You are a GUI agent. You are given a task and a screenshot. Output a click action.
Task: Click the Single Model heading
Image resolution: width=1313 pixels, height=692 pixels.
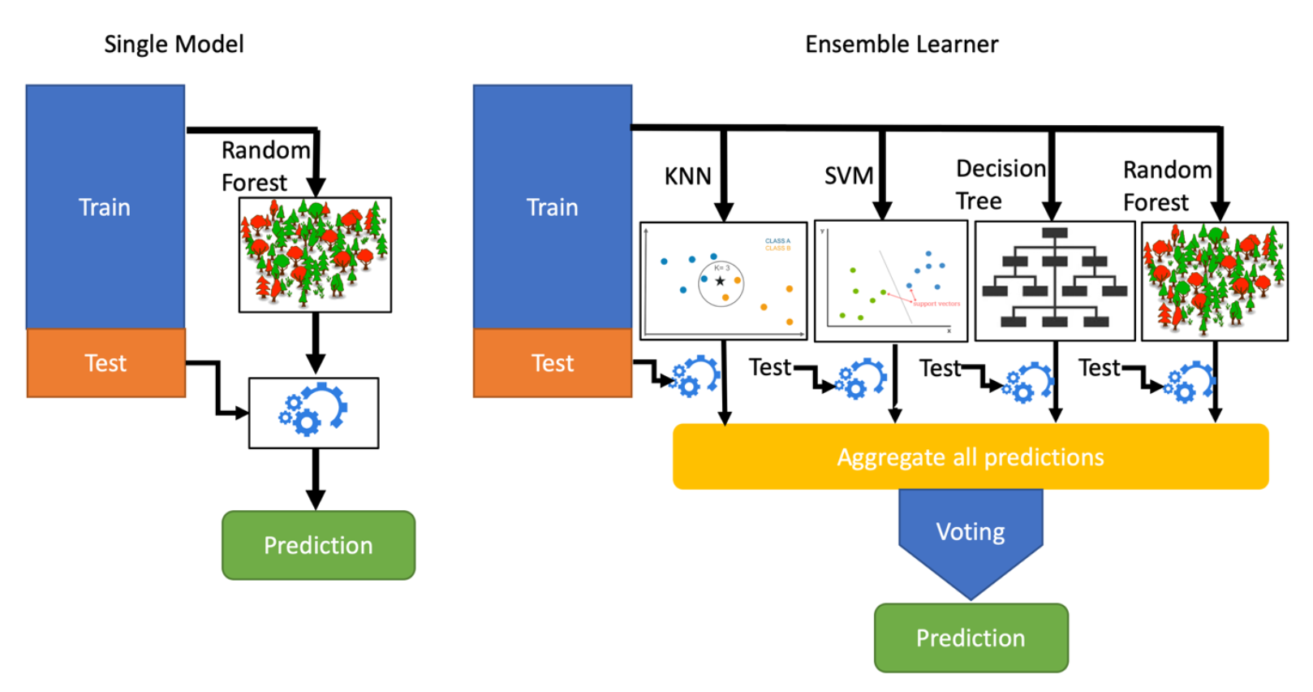[x=174, y=44]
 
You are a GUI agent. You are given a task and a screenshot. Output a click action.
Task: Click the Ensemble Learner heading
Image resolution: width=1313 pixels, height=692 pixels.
[x=902, y=44]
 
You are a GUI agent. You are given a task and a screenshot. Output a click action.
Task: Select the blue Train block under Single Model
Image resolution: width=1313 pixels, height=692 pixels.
[x=105, y=207]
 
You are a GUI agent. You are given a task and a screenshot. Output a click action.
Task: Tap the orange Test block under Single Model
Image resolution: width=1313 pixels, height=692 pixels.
[x=105, y=363]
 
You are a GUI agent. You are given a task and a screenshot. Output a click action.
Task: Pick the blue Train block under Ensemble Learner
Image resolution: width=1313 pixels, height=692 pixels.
[x=552, y=207]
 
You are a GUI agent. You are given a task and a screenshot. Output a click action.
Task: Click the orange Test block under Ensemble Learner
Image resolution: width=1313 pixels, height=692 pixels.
[x=552, y=363]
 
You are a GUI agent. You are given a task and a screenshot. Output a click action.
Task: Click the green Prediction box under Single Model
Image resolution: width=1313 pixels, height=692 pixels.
[x=318, y=545]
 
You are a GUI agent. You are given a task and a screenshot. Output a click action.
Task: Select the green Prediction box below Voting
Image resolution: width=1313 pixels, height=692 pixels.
[x=971, y=638]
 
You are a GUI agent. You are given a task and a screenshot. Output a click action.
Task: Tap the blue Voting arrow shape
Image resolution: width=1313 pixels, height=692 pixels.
[x=971, y=536]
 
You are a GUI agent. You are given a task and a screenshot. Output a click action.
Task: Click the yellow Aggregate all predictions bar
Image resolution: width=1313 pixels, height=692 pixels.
[x=971, y=456]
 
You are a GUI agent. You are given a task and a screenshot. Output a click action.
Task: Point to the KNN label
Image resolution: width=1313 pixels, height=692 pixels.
[x=687, y=176]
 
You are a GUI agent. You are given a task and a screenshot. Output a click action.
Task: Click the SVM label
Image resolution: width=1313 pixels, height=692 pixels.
[x=849, y=175]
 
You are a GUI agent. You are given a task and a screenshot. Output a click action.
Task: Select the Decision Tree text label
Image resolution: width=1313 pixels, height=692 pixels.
[x=1000, y=184]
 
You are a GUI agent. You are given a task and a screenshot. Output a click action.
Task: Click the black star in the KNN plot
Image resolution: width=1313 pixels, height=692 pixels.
[x=720, y=281]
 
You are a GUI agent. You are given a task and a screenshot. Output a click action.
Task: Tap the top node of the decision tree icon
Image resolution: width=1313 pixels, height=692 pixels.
[x=1054, y=233]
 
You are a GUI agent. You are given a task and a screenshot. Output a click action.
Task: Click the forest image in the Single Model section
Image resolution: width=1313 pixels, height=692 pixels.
[x=315, y=254]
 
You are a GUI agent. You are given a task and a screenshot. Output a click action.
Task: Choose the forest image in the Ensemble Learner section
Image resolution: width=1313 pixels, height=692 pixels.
[x=1214, y=280]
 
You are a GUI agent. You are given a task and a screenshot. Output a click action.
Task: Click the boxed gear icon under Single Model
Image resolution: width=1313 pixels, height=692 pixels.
[x=313, y=413]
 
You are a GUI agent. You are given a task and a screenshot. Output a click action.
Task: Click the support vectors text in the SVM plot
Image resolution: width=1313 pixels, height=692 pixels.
[x=936, y=304]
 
